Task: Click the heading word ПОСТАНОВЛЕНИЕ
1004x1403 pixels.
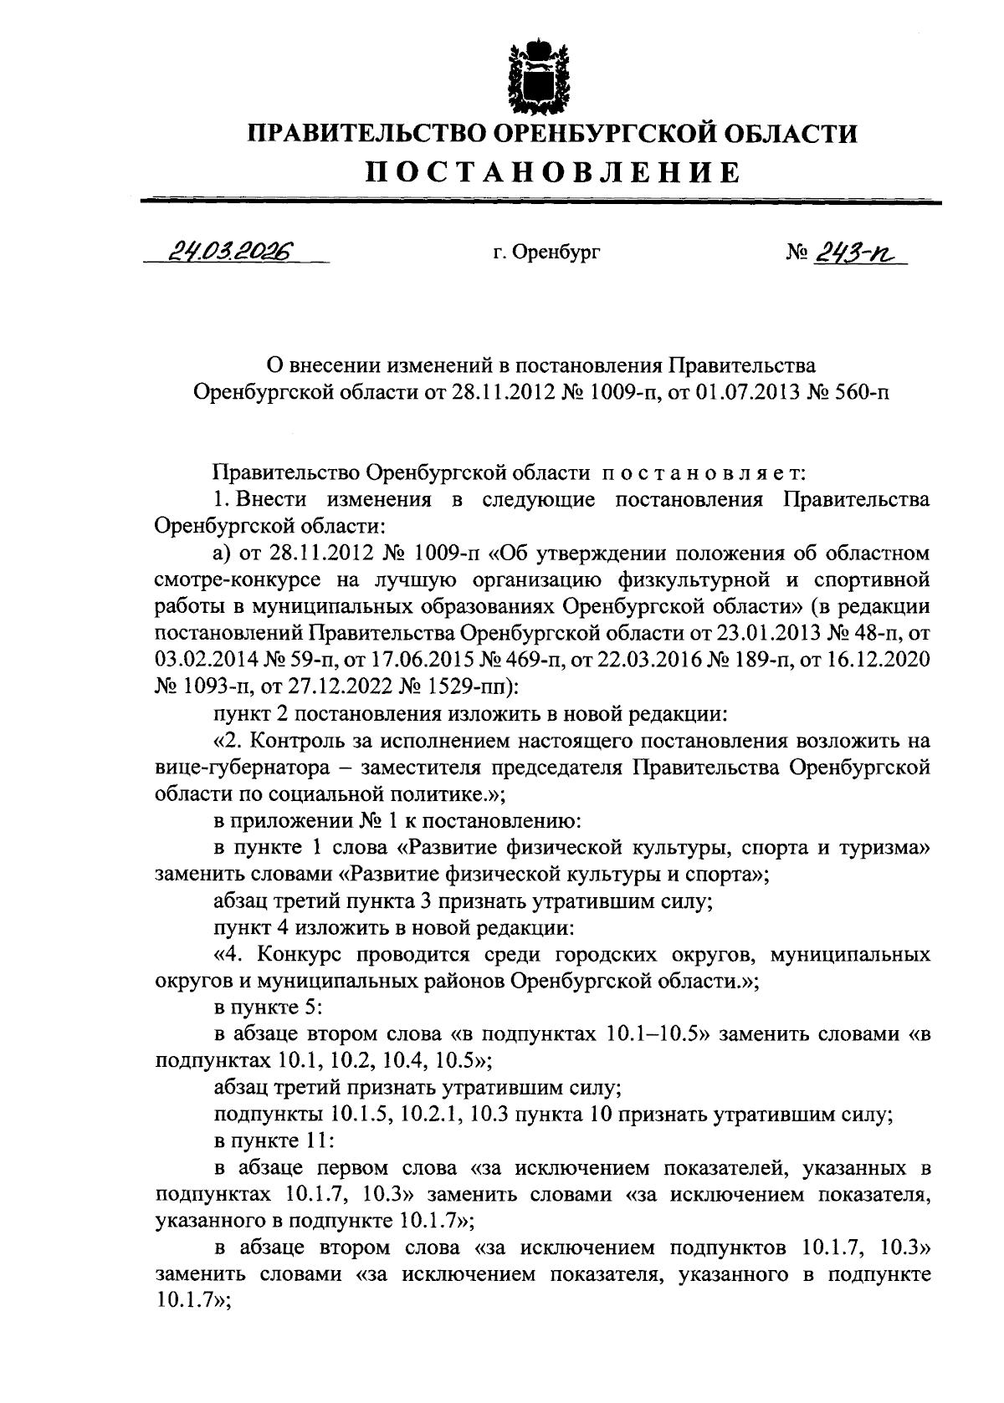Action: pyautogui.click(x=553, y=172)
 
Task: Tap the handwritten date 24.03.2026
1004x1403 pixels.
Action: pyautogui.click(x=237, y=250)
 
